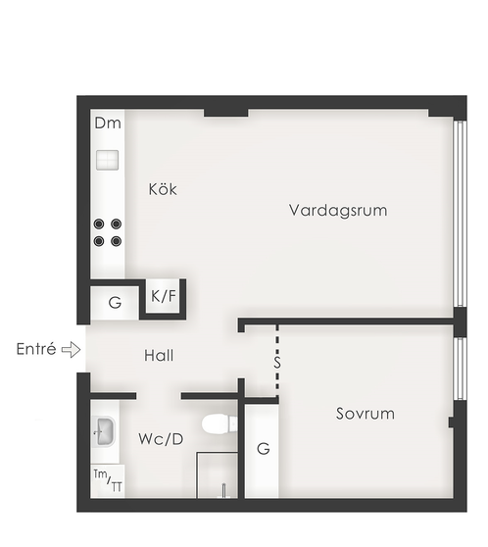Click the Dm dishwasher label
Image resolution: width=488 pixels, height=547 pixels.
(x=108, y=124)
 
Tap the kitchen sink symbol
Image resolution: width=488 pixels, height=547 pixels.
(x=108, y=160)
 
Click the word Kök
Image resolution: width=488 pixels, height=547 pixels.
(x=163, y=189)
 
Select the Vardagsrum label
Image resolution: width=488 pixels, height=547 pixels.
(x=338, y=211)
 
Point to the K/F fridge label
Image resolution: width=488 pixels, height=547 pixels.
(x=164, y=296)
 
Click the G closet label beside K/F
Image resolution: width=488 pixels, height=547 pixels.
(x=115, y=303)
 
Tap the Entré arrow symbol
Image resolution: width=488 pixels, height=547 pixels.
(x=72, y=349)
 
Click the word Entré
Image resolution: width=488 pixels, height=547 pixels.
(x=36, y=349)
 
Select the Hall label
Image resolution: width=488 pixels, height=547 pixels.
(x=159, y=356)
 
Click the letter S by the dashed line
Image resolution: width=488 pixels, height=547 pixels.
(x=277, y=362)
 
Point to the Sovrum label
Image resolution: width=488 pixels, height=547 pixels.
(x=366, y=414)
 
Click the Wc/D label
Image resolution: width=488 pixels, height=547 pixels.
(x=161, y=439)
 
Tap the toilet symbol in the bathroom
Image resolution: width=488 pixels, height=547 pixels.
(x=220, y=423)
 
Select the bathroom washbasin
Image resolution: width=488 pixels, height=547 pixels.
(x=104, y=431)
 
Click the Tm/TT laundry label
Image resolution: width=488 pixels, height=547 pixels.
(x=108, y=480)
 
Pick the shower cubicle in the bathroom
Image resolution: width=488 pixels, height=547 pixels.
(x=217, y=474)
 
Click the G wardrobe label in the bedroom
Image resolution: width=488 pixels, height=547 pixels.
(x=264, y=449)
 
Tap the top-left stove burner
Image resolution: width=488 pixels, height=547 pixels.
(x=99, y=224)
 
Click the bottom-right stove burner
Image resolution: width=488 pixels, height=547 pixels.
(x=117, y=241)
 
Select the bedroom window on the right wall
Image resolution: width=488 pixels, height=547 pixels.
(x=461, y=369)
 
